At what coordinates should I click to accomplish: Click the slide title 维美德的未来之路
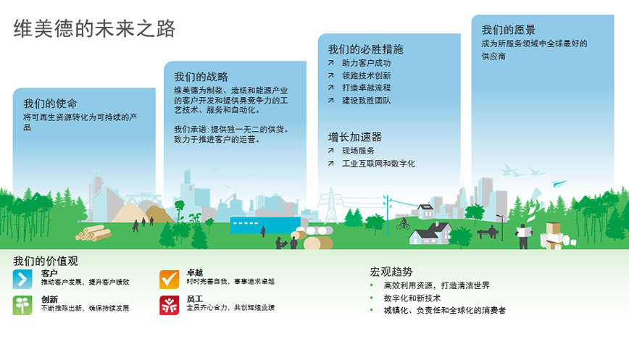click(94, 28)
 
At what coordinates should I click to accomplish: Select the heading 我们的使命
click(50, 104)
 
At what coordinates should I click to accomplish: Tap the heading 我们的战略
click(201, 77)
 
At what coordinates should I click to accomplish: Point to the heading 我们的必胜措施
click(365, 49)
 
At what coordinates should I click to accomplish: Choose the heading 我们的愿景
click(508, 30)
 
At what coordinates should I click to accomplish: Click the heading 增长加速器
click(354, 137)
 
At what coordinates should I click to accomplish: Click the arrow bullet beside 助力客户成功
click(330, 63)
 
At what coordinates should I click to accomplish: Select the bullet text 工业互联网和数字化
click(378, 164)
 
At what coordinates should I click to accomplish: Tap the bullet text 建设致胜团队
click(366, 101)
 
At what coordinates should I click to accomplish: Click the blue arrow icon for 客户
click(22, 279)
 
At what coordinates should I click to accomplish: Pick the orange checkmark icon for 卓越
click(170, 279)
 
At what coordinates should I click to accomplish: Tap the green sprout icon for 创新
click(22, 306)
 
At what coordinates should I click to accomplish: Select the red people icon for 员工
click(170, 306)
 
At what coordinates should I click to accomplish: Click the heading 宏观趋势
click(391, 272)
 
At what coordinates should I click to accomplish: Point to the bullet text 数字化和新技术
click(412, 298)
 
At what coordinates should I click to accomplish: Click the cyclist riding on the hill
click(403, 223)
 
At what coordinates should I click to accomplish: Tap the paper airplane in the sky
click(559, 183)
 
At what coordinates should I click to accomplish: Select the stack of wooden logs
click(93, 233)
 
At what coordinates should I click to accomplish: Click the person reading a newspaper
click(524, 235)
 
